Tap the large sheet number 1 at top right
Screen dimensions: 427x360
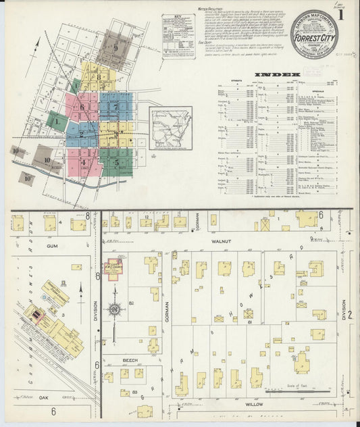coord(342,14)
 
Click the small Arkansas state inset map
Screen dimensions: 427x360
coord(171,128)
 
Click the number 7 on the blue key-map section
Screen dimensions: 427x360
coord(115,106)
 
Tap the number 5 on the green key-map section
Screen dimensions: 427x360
coord(116,162)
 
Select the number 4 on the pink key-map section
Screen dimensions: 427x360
coord(83,162)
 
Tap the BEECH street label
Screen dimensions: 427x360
coord(130,360)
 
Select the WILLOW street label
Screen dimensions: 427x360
coord(254,403)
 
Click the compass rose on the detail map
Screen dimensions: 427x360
coord(115,309)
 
